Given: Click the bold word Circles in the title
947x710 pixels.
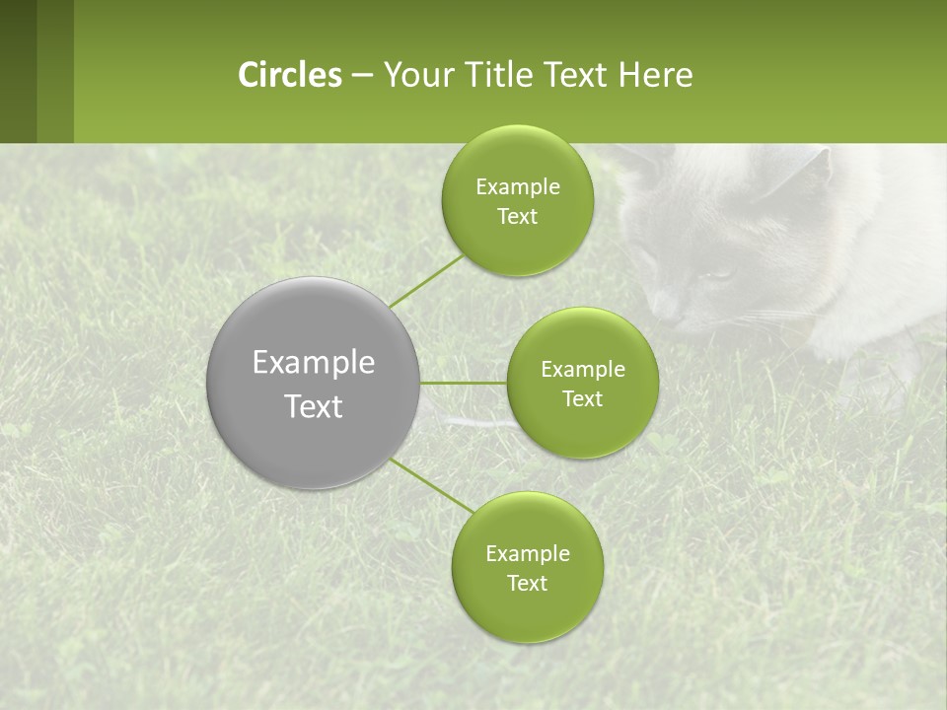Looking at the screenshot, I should coord(289,75).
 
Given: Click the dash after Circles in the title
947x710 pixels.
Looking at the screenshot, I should coord(361,76).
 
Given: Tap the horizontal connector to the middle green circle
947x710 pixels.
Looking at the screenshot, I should coord(463,383).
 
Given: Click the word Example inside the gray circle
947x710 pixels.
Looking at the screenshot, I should coord(314,363).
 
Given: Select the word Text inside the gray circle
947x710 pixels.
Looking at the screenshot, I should coord(314,406).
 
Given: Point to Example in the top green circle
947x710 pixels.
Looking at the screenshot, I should coord(517,187).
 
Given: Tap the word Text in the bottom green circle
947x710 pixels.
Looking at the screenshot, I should coord(527,583).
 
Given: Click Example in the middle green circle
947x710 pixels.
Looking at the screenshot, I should coord(582,370).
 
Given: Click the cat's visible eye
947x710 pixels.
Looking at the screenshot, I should coord(719,275).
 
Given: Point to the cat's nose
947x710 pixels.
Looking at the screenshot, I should coord(662,314).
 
